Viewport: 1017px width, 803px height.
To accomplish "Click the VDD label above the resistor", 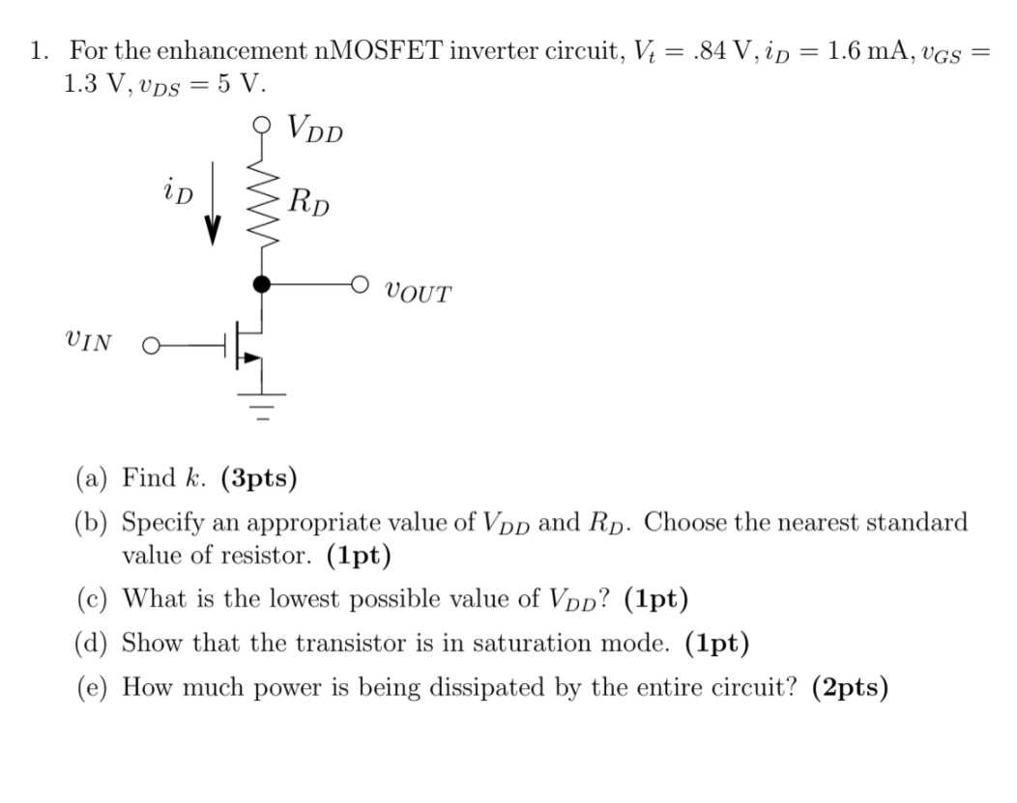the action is pyautogui.click(x=314, y=129).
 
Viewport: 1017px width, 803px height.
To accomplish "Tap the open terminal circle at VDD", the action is pyautogui.click(x=260, y=125).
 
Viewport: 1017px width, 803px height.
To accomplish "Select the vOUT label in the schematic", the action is pyautogui.click(x=417, y=291).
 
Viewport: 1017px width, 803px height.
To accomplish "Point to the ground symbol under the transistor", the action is pyautogui.click(x=260, y=401).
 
